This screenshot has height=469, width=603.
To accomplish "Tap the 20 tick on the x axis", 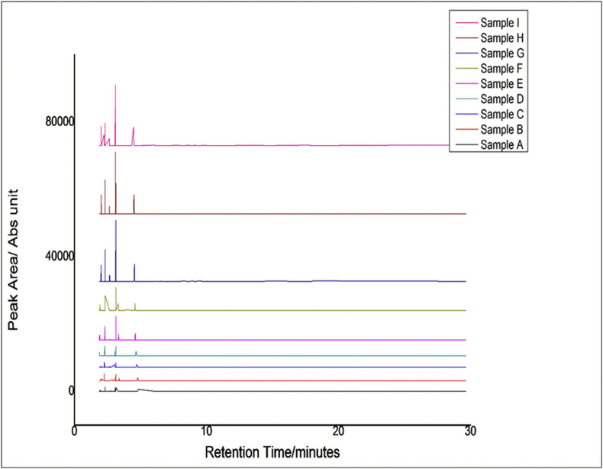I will click(338, 429).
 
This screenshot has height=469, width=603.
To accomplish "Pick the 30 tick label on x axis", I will click(470, 429).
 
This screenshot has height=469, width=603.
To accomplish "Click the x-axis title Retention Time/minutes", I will click(272, 451).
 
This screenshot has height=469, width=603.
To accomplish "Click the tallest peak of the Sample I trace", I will click(115, 86).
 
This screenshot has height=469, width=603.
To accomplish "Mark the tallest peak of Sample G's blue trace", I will click(116, 221).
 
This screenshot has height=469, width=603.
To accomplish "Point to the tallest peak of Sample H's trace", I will click(115, 154).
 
